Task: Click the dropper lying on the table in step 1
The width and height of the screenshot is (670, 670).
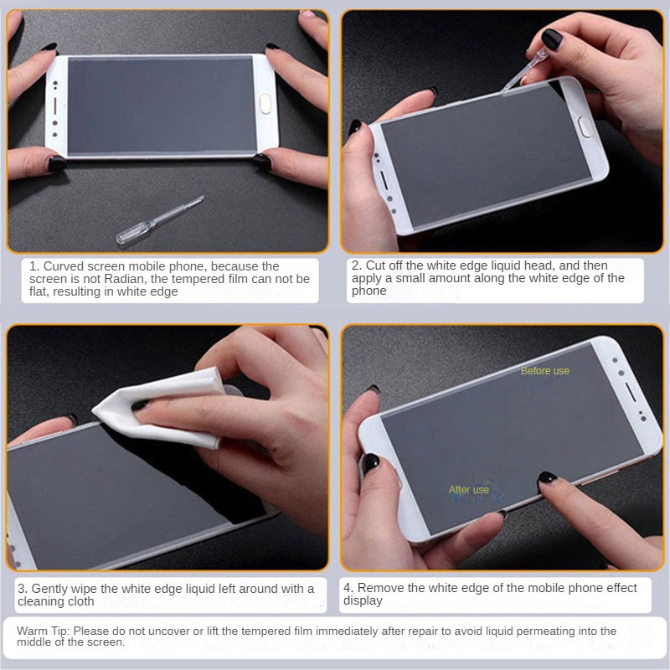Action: [159, 221]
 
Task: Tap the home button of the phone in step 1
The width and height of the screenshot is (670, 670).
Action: [265, 103]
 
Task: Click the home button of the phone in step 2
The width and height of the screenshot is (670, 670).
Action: [585, 127]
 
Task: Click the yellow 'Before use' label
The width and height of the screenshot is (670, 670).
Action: [545, 371]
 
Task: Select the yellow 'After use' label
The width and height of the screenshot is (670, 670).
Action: [469, 490]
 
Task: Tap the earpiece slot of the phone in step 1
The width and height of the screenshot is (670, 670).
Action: [55, 106]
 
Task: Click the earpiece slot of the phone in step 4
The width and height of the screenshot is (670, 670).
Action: [631, 392]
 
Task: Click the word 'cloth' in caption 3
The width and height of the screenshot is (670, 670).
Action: [80, 601]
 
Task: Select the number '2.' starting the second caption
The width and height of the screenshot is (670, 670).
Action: [357, 265]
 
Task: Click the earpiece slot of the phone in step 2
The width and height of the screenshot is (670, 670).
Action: [384, 180]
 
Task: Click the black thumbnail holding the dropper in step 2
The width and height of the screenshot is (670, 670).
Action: [551, 39]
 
